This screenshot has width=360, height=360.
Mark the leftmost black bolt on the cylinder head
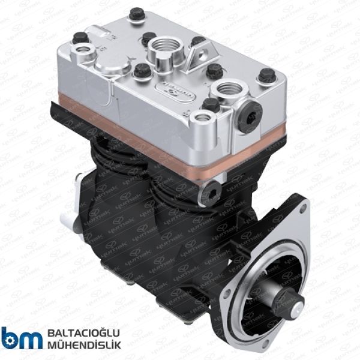(76, 41)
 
